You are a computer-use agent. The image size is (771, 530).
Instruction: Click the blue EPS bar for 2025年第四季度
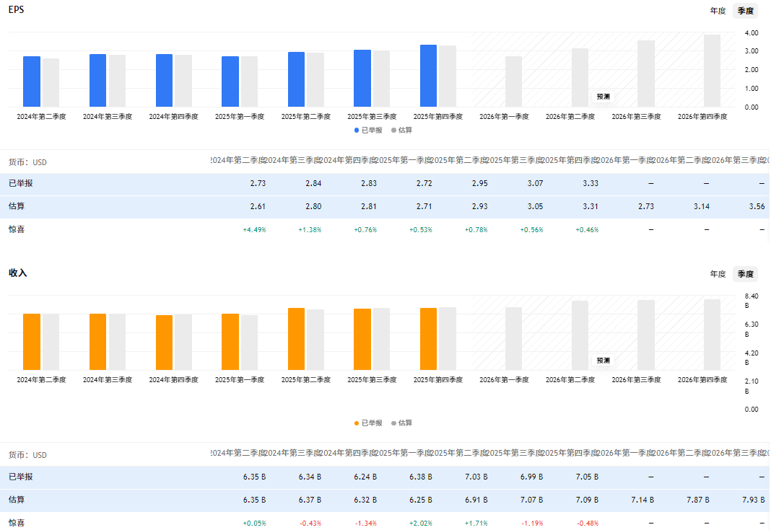[428, 76]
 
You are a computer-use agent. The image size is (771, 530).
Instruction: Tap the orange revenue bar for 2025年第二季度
[296, 339]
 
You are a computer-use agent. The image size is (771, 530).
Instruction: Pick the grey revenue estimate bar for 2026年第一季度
[513, 338]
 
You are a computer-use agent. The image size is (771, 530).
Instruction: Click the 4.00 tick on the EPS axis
[752, 33]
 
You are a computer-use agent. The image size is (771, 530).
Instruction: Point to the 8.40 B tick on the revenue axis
[752, 296]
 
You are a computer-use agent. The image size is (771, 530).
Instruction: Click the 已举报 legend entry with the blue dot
[368, 130]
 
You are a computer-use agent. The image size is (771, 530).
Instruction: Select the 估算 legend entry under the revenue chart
[402, 423]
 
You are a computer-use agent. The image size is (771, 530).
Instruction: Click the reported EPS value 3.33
[590, 184]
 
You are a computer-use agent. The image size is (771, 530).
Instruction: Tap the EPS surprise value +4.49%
[254, 230]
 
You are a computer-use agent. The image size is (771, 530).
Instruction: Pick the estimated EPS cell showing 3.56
[757, 207]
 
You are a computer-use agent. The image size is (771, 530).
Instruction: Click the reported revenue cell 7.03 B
[476, 477]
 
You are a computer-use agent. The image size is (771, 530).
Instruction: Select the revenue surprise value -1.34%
[365, 523]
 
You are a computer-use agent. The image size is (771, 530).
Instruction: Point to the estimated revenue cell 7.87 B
[697, 500]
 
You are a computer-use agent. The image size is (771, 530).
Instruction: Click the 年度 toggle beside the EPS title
[718, 11]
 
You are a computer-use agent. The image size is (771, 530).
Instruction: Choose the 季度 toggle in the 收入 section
[745, 274]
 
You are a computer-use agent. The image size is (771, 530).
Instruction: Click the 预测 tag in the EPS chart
[603, 97]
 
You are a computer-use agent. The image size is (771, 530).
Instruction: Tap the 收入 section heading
[18, 273]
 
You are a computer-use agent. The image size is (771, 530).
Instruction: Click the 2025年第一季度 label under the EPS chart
[239, 116]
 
